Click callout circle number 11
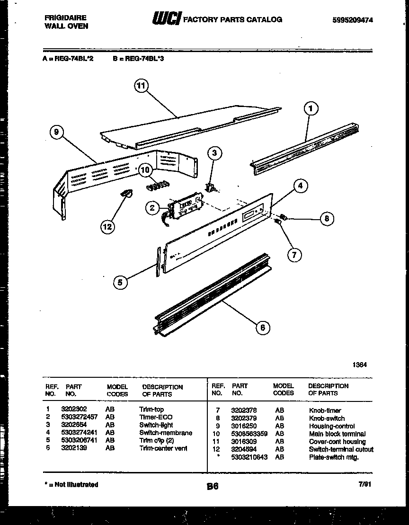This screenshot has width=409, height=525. (141, 86)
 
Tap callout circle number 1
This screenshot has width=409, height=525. (311, 109)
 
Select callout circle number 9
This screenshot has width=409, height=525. (56, 133)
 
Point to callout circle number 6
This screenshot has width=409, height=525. (263, 328)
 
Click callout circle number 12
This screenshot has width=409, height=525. (107, 227)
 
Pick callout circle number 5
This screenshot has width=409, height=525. (120, 283)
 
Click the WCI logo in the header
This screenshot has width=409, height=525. (166, 19)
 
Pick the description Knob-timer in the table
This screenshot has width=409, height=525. (325, 410)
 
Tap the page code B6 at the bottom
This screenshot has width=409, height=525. (213, 486)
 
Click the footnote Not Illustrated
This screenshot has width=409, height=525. (72, 485)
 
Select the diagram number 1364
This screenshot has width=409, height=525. (359, 365)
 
